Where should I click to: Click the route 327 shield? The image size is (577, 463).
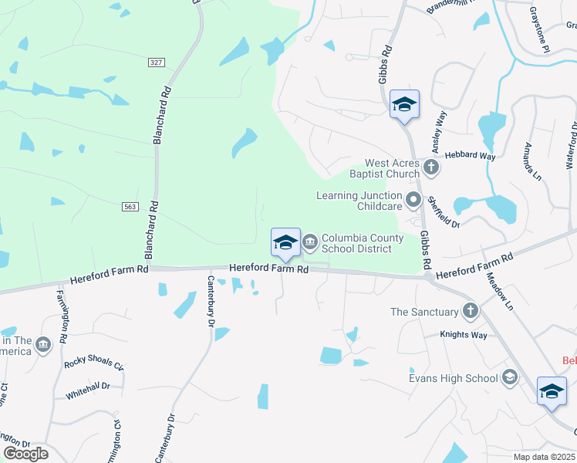pyautogui.click(x=157, y=63)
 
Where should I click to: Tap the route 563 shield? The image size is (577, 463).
pyautogui.click(x=130, y=207)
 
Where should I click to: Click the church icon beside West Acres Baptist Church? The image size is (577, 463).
pyautogui.click(x=431, y=166)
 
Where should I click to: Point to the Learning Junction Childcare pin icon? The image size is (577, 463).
pyautogui.click(x=413, y=201)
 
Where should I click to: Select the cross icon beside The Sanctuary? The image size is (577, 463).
pyautogui.click(x=470, y=311)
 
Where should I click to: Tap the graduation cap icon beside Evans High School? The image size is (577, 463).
pyautogui.click(x=509, y=377)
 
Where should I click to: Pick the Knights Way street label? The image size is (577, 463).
pyautogui.click(x=464, y=336)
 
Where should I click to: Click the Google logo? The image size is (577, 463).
pyautogui.click(x=25, y=454)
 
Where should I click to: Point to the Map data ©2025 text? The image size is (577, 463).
pyautogui.click(x=544, y=457)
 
